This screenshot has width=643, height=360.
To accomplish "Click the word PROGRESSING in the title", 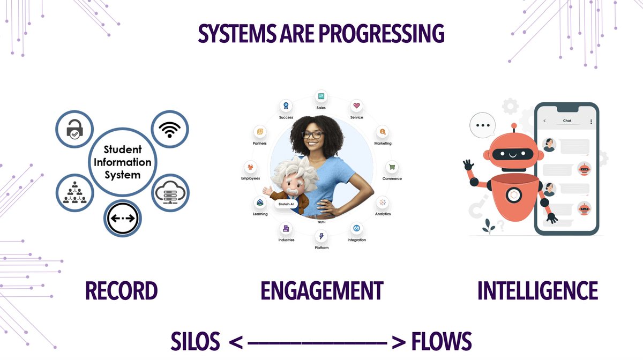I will click(x=382, y=34).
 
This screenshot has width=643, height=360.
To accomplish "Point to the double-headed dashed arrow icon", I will click(x=122, y=218).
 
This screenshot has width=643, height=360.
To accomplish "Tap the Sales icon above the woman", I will click(x=321, y=96).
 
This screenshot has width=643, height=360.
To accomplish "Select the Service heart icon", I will click(x=356, y=106).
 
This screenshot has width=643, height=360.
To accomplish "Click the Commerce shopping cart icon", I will click(x=392, y=167).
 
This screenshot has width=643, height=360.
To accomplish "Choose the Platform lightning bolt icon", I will click(x=322, y=236).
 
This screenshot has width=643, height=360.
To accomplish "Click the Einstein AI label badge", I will click(x=285, y=204).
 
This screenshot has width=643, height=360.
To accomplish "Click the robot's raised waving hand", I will click(x=467, y=164).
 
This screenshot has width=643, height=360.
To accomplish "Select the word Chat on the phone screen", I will click(x=567, y=121).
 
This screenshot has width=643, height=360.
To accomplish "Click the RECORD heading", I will click(x=121, y=291).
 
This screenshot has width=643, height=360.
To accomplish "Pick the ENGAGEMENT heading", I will click(x=322, y=291).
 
